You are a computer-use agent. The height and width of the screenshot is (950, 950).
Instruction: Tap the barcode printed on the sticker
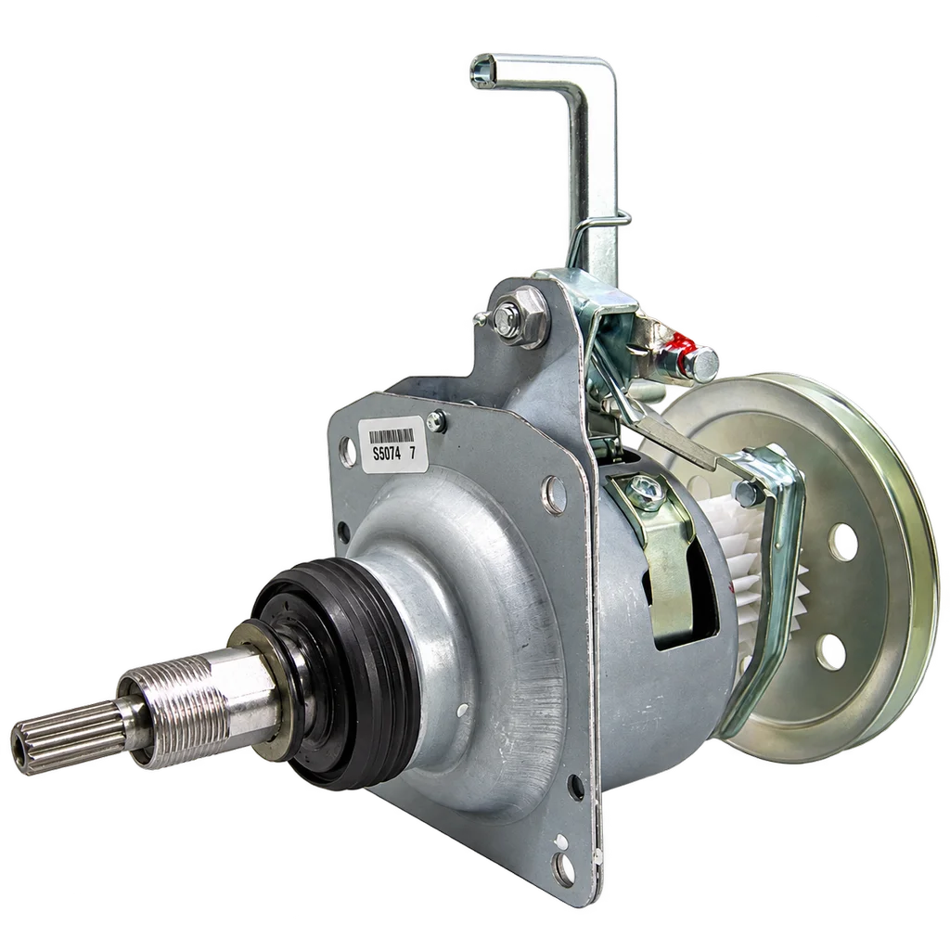(392, 436)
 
